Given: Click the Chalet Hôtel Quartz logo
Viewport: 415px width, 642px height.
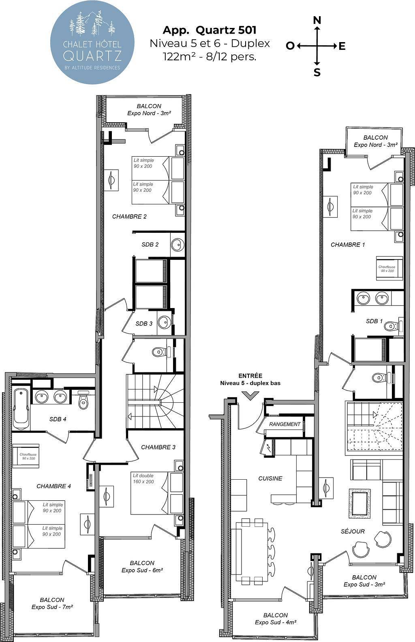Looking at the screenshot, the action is click(92, 42).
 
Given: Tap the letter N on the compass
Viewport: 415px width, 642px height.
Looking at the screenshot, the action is click(317, 20).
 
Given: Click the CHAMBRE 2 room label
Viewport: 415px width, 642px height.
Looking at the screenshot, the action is click(129, 217).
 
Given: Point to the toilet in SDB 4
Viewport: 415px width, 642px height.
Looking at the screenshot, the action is click(83, 400).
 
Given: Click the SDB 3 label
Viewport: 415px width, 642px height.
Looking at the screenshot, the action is click(144, 323).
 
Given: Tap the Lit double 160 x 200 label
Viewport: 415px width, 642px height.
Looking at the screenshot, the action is click(143, 478).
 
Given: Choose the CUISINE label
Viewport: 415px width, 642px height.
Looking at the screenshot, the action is click(270, 478).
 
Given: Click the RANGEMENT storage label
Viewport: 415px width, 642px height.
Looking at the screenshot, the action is click(285, 424).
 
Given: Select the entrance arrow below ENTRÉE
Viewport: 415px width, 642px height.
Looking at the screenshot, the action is click(250, 395).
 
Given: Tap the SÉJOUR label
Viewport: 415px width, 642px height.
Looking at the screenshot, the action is click(353, 531).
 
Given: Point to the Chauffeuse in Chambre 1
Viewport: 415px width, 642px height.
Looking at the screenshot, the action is click(389, 268).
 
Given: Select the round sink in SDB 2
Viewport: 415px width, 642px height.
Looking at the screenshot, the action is click(178, 245).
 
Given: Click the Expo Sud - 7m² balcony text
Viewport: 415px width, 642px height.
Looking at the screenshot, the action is click(52, 607).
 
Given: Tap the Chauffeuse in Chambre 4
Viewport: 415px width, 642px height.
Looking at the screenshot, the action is click(26, 456).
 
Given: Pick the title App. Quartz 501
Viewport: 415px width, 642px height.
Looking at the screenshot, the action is click(210, 30).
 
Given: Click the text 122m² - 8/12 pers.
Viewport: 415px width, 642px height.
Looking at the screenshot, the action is click(210, 56).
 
